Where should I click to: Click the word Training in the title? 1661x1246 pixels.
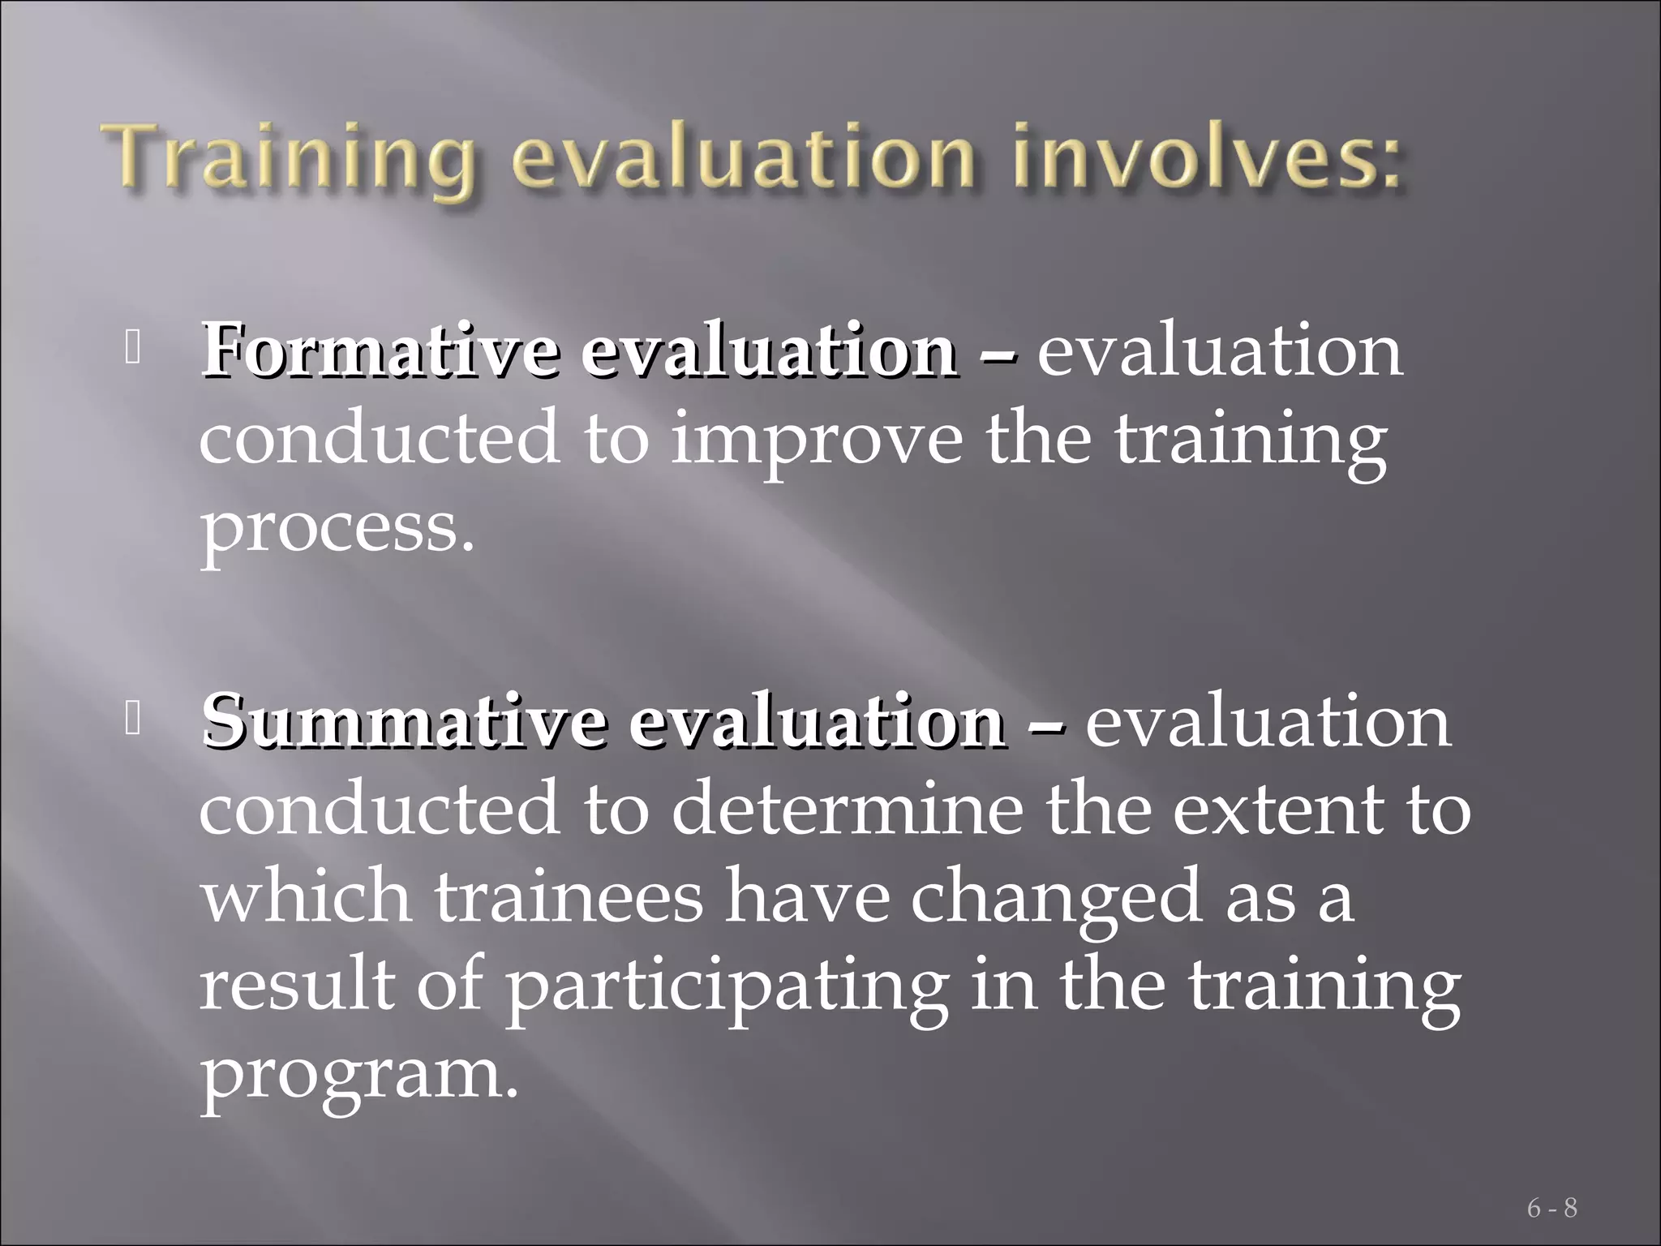point(292,158)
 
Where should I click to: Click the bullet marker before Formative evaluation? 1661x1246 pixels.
point(134,349)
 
